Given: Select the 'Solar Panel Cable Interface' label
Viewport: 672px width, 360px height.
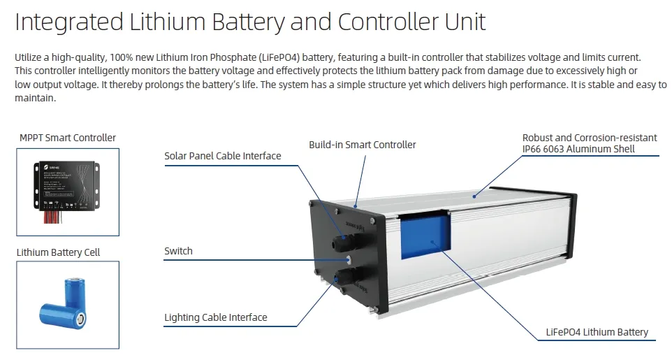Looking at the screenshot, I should (x=222, y=156).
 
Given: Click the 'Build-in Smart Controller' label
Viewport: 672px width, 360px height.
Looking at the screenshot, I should (x=362, y=145).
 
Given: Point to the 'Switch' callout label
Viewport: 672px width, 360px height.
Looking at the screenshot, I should (x=178, y=251).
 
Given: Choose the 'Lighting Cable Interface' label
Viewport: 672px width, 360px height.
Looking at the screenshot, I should (x=215, y=317).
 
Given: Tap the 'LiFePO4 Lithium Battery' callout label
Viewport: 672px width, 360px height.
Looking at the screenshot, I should (x=597, y=332).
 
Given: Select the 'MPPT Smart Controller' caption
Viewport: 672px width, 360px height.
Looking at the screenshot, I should (x=68, y=138).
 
